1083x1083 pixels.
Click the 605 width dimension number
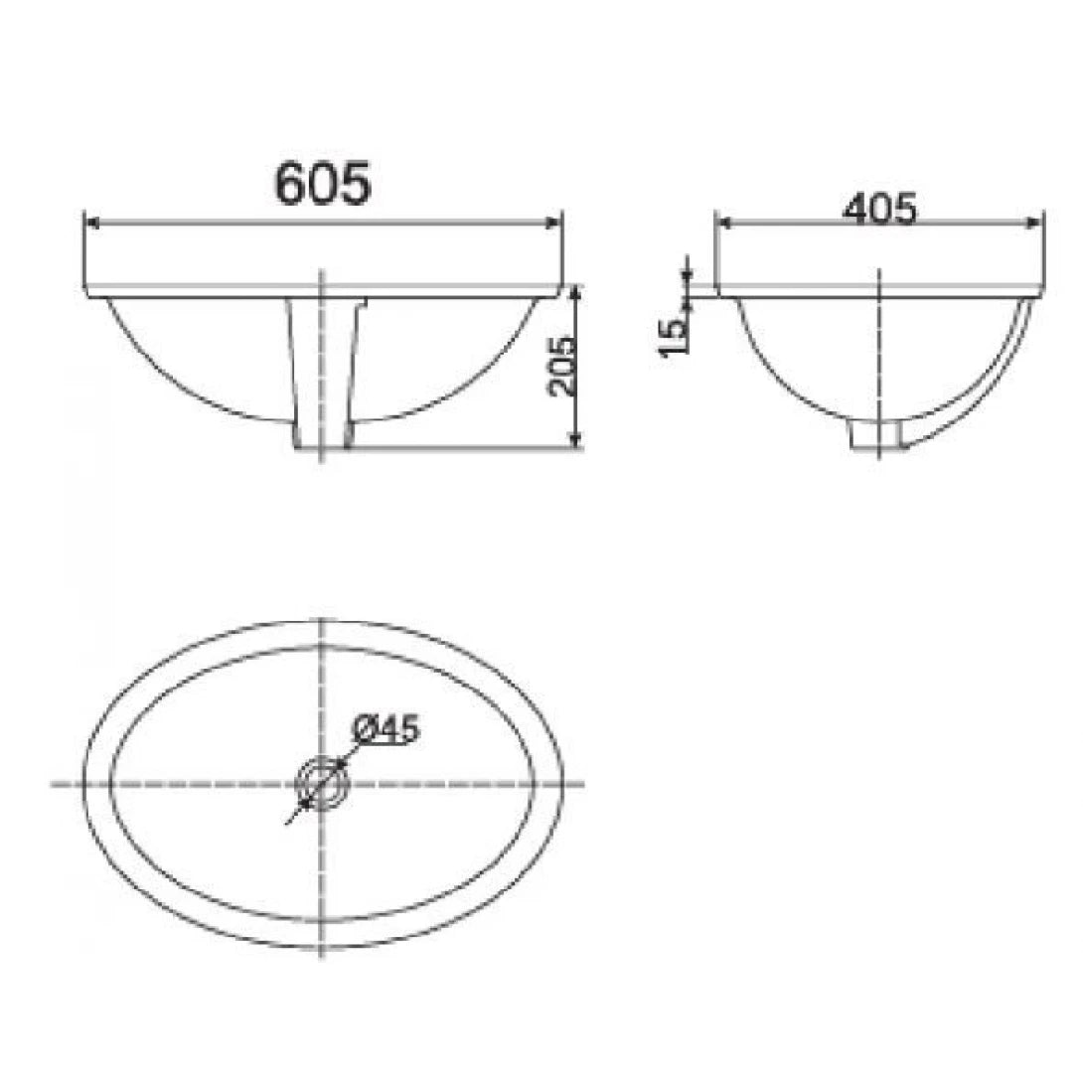click(324, 184)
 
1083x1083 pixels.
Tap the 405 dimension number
click(879, 210)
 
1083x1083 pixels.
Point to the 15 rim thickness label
click(673, 335)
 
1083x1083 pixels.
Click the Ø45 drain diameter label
click(386, 730)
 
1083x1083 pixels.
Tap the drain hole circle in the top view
click(322, 784)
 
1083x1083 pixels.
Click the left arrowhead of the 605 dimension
click(91, 224)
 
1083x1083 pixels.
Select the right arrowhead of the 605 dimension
click(556, 224)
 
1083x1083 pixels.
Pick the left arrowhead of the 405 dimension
click(722, 224)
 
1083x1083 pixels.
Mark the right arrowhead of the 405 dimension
click(1037, 224)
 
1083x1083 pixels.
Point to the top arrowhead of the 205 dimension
click(576, 291)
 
